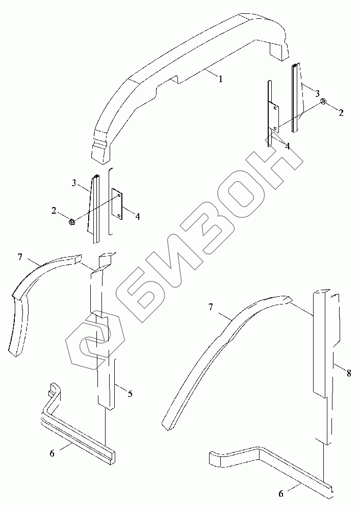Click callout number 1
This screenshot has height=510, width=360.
pyautogui.click(x=220, y=79)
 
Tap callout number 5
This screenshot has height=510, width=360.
pyautogui.click(x=130, y=393)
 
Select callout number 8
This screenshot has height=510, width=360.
pyautogui.click(x=349, y=373)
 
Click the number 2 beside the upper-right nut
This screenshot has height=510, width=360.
pyautogui.click(x=341, y=113)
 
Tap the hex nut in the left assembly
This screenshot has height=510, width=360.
pyautogui.click(x=72, y=222)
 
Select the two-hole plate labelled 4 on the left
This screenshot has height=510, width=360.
pyautogui.click(x=118, y=205)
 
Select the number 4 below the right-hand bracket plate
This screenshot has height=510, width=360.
pyautogui.click(x=288, y=146)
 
